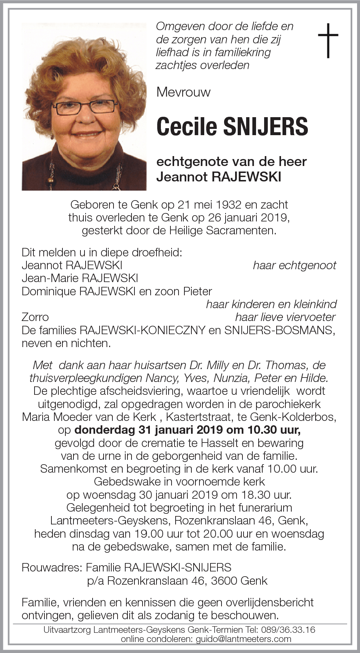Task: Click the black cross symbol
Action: [x=328, y=40]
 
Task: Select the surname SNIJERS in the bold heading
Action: [x=265, y=126]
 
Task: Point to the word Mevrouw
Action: [x=183, y=92]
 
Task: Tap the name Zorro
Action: [x=35, y=317]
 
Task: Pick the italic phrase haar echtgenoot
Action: [x=294, y=265]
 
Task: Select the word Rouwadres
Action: [x=51, y=567]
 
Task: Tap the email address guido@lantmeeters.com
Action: [x=243, y=639]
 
